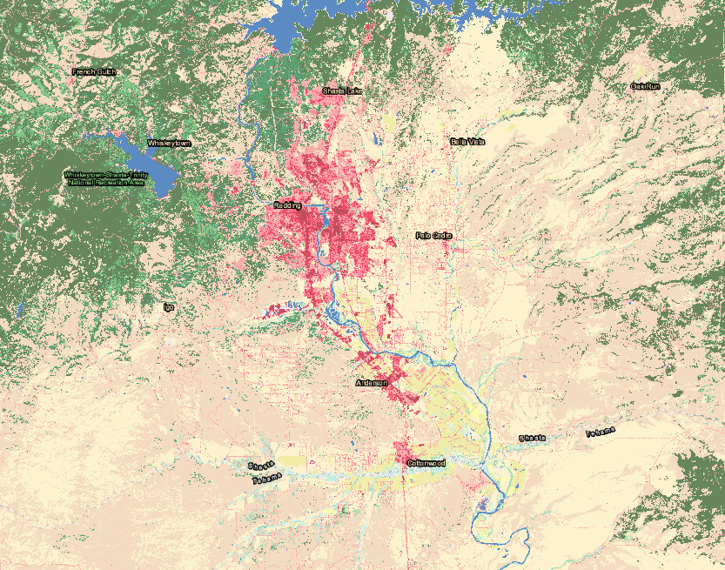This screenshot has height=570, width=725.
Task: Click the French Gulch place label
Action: pos(94,71)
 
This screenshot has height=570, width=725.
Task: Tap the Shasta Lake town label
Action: pos(342,91)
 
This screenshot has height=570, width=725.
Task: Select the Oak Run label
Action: pos(646,86)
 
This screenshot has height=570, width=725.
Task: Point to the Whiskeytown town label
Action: pos(169,142)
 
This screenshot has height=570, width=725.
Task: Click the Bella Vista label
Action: pos(467,141)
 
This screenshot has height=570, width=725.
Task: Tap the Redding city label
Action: pos(287,205)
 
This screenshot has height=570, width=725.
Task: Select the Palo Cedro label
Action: pos(434,235)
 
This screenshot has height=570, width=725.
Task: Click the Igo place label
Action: pos(169,306)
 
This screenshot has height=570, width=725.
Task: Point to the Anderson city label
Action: pos(371,383)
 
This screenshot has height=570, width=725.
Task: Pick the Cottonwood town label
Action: pos(426,463)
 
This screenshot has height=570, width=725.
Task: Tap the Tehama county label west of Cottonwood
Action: pos(266,479)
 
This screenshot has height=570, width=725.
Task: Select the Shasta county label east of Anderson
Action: pos(533,438)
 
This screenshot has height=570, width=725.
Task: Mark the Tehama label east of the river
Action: pos(600,433)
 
